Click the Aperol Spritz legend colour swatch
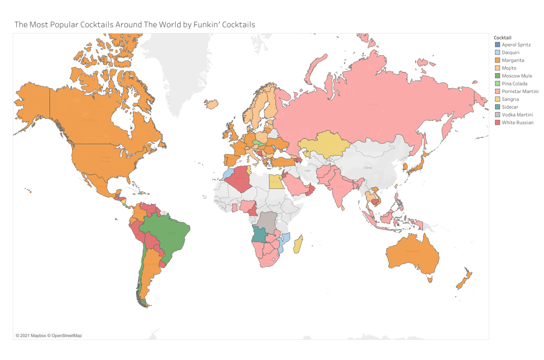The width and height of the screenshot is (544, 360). [x=497, y=44]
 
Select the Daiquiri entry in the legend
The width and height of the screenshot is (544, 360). [x=511, y=52]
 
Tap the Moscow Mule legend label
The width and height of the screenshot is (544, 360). [x=517, y=76]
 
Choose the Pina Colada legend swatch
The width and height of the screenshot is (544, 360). [x=497, y=84]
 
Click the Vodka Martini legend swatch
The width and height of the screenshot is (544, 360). [x=497, y=115]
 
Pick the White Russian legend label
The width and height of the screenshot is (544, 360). [x=518, y=123]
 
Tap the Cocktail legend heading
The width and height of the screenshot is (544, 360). [x=502, y=38]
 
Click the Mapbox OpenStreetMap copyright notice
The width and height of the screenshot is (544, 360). [x=49, y=335]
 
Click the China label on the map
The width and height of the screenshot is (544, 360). [x=367, y=168]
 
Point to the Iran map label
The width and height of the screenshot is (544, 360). [x=308, y=171]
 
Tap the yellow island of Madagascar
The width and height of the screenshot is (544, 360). [x=298, y=245]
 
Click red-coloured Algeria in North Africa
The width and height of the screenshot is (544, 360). [x=241, y=180]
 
